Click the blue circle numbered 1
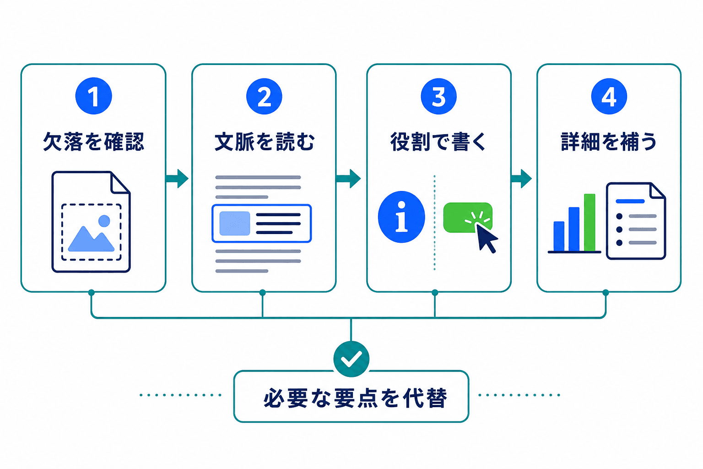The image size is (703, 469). pyautogui.click(x=93, y=96)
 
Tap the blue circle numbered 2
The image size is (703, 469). pyautogui.click(x=264, y=96)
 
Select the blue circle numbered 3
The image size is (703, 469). pyautogui.click(x=438, y=96)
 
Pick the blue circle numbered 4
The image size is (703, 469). pyautogui.click(x=609, y=96)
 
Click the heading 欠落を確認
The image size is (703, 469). pyautogui.click(x=93, y=142)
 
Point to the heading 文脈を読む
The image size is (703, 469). pyautogui.click(x=264, y=142)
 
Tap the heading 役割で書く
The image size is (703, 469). pyautogui.click(x=438, y=142)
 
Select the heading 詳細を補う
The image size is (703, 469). pyautogui.click(x=609, y=142)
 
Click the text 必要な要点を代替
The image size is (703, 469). pyautogui.click(x=355, y=398)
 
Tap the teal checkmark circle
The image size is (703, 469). pyautogui.click(x=351, y=359)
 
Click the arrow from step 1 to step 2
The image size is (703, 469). pyautogui.click(x=177, y=179)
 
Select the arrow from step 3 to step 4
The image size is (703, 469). pyautogui.click(x=521, y=179)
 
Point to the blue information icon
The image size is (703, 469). pyautogui.click(x=401, y=217)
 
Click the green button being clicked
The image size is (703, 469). pyautogui.click(x=468, y=218)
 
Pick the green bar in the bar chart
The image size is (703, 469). pyautogui.click(x=589, y=223)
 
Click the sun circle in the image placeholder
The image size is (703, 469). pyautogui.click(x=104, y=221)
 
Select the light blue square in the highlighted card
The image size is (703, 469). pyautogui.click(x=235, y=224)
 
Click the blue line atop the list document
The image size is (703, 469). pyautogui.click(x=630, y=202)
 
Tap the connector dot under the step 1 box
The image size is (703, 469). pyautogui.click(x=92, y=293)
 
